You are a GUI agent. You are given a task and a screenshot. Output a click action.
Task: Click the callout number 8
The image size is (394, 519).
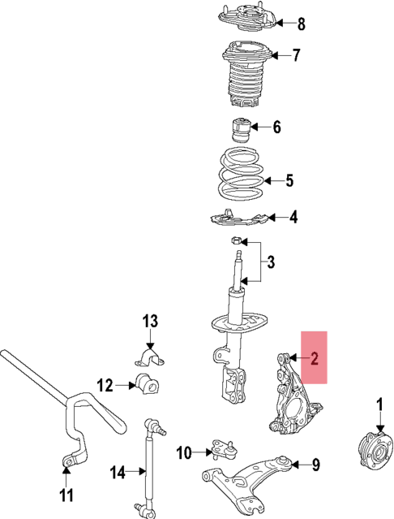click(279, 23)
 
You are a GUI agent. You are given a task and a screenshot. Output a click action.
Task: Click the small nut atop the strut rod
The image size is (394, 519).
click(234, 240)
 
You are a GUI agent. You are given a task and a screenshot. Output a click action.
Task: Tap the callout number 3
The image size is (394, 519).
click(272, 262)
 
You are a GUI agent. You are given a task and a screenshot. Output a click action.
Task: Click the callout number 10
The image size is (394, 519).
click(183, 452)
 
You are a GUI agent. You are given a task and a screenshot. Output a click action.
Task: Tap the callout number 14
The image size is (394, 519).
click(118, 470)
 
